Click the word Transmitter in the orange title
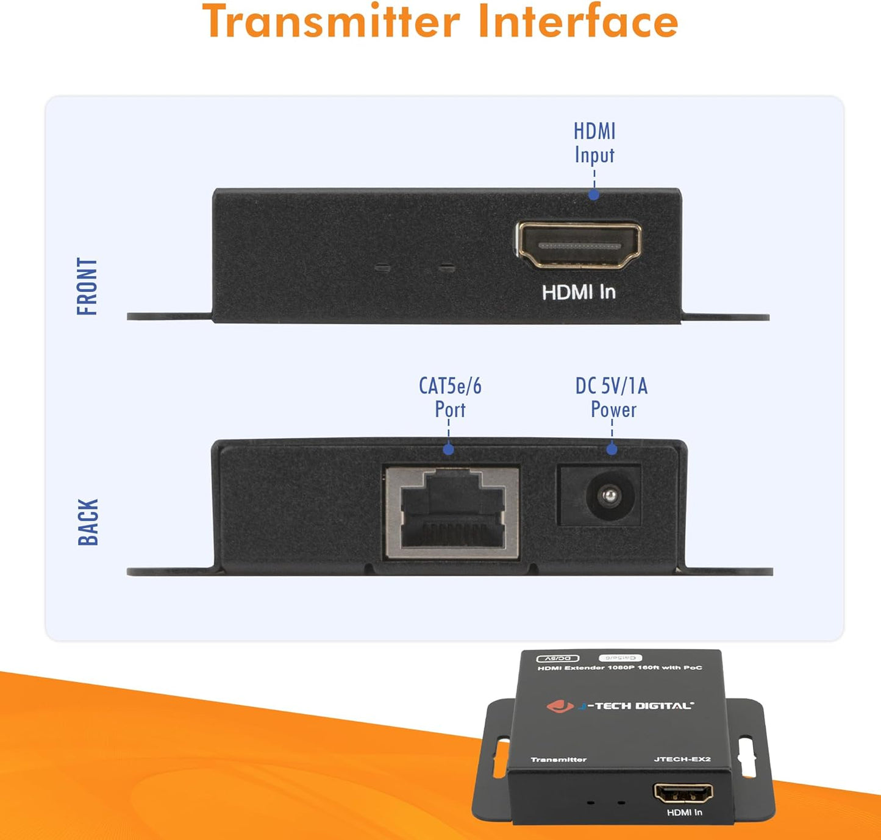[330, 21]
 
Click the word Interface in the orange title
[577, 21]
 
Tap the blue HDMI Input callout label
[594, 143]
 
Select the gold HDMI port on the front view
[579, 245]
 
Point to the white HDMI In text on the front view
[579, 293]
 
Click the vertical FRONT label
[87, 286]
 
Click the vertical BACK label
[88, 522]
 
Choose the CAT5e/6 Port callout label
[450, 397]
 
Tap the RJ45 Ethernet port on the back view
[452, 513]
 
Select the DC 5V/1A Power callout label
[612, 397]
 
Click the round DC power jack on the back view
[607, 496]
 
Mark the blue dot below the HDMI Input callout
[594, 195]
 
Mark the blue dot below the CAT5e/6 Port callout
[449, 450]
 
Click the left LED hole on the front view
[382, 267]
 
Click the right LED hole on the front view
[448, 267]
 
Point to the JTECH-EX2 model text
[682, 759]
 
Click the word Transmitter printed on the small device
[558, 760]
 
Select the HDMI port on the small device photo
[683, 793]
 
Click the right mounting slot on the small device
[746, 757]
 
